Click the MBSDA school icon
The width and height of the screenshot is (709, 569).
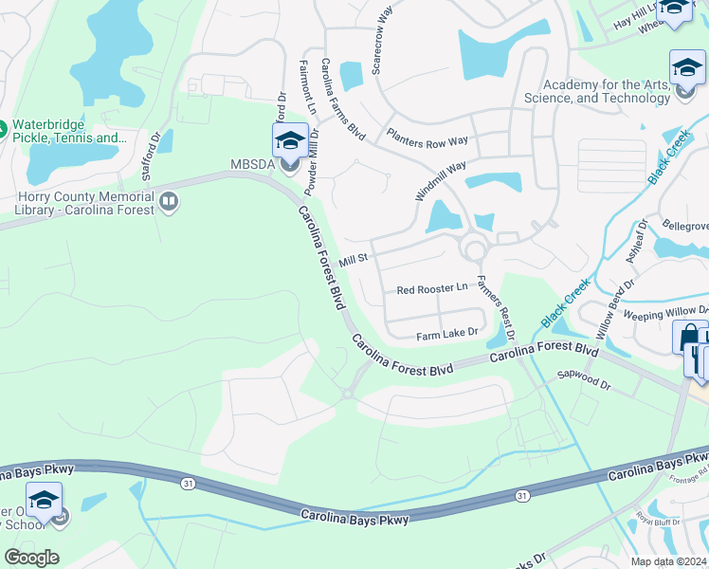[x=289, y=142]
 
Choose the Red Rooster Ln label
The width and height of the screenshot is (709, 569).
[x=432, y=288]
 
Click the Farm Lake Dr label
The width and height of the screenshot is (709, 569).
[x=445, y=336]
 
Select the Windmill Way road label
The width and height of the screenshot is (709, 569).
[x=441, y=180]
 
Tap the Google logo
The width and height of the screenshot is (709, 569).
[x=31, y=558]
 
